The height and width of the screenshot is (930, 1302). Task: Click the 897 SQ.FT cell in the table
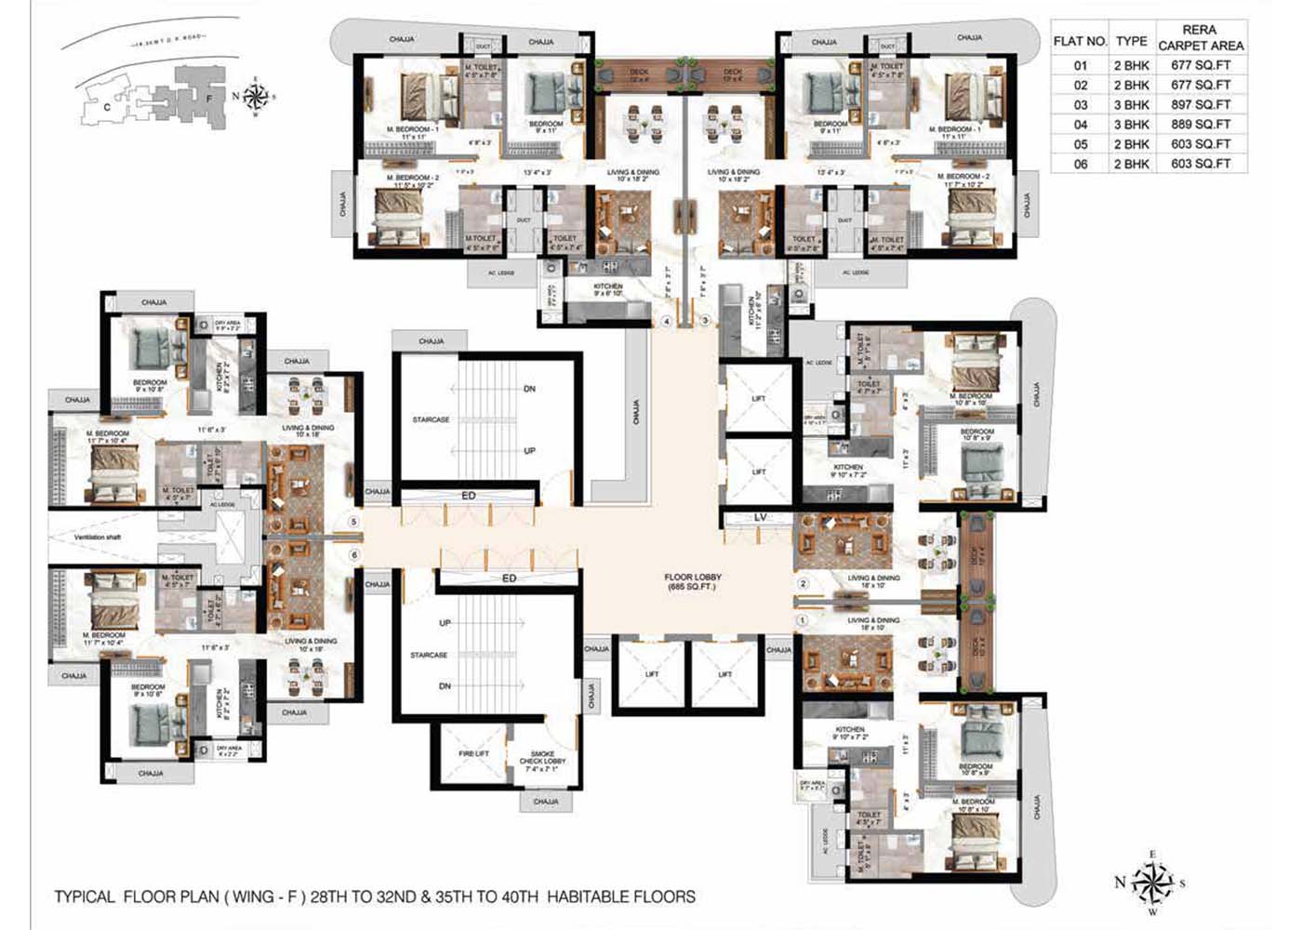(1201, 105)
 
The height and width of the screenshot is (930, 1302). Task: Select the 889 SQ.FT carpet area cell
(1201, 125)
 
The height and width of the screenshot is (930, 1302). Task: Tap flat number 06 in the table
(1080, 164)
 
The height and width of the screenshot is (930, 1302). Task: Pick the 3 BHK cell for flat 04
(1132, 125)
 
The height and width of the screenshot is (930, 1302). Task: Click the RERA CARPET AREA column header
(1201, 37)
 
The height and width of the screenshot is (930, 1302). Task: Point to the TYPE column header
(1132, 41)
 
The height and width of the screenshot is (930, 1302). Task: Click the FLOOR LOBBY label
(693, 582)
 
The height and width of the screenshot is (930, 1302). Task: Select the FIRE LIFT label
(473, 753)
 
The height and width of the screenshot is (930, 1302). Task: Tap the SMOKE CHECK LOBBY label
(542, 761)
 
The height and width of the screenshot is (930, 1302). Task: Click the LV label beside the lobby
(760, 517)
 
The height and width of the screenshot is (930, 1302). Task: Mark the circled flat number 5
(353, 523)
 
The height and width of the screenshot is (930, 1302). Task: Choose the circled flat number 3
(705, 322)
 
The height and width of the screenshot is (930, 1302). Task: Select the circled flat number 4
(666, 322)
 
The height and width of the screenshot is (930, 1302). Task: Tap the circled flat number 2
(804, 584)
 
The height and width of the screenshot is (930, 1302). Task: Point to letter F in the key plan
(209, 98)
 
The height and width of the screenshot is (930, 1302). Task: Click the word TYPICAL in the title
(85, 897)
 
